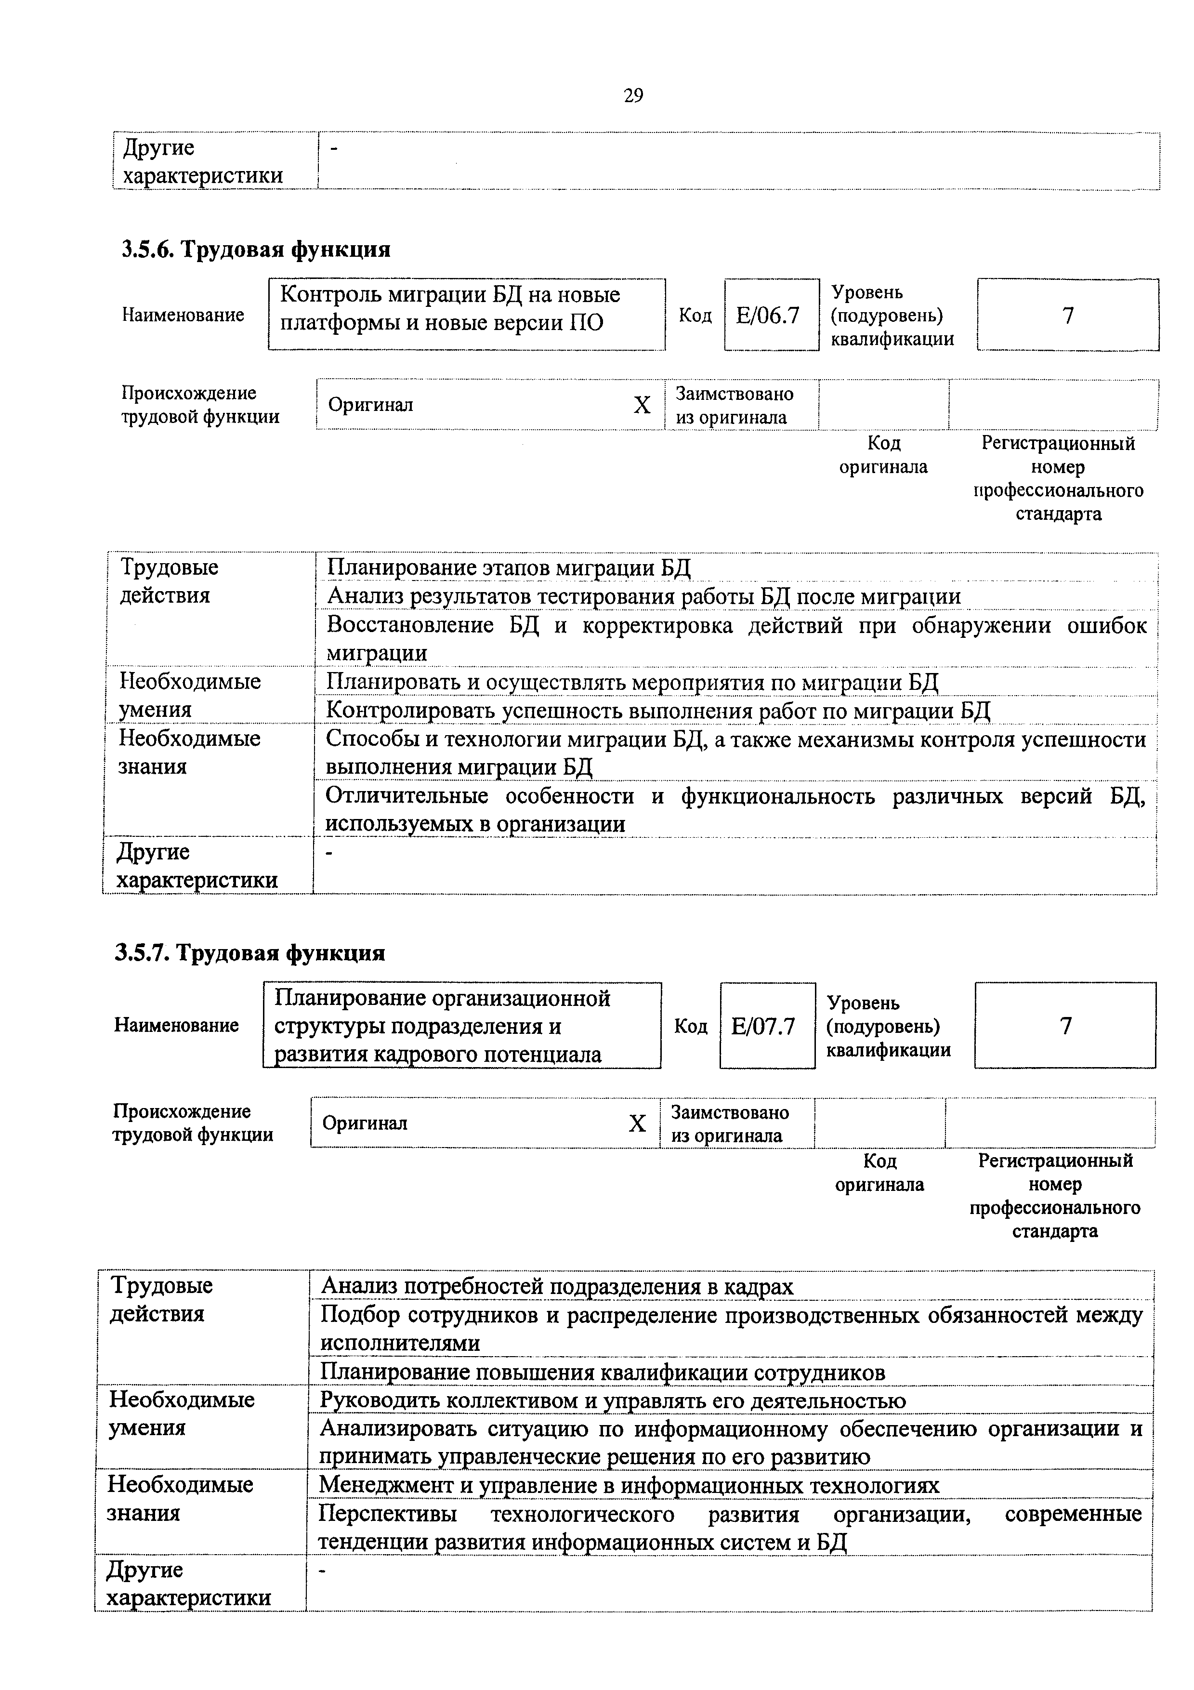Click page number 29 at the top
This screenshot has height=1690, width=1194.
[633, 96]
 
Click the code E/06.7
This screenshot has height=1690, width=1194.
[770, 316]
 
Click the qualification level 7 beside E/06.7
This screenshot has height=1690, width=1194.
[1067, 315]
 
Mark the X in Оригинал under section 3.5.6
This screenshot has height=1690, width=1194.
[642, 405]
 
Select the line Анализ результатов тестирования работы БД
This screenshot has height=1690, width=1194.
[643, 596]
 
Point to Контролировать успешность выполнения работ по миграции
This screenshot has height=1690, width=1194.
[658, 711]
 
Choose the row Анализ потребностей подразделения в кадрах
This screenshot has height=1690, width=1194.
[557, 1286]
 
